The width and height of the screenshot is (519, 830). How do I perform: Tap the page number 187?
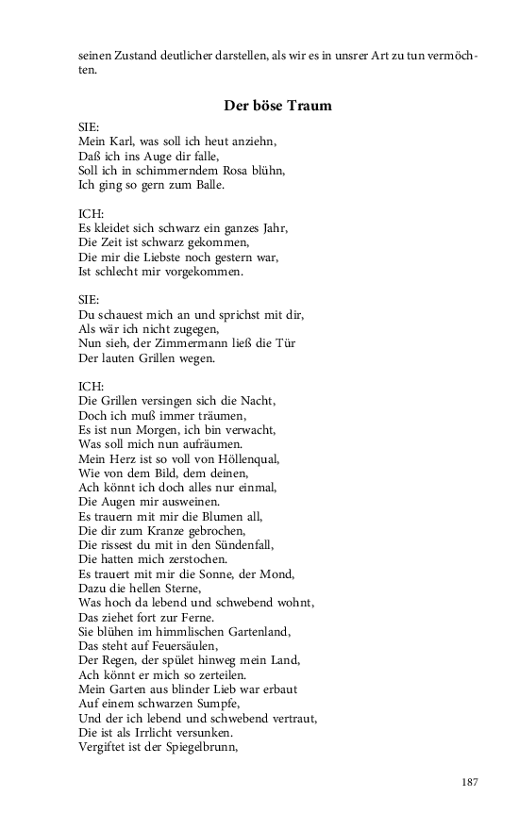coord(471,782)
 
